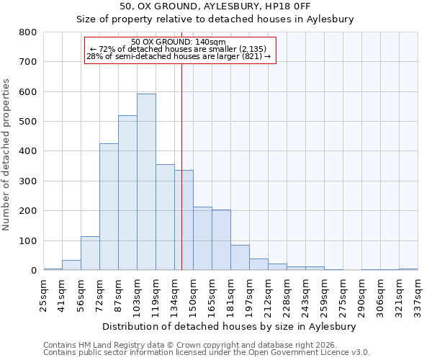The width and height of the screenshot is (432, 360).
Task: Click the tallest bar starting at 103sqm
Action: pos(146,182)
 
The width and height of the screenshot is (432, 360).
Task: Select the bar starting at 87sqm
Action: pos(127,193)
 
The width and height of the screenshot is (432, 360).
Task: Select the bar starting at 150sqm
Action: pos(202,238)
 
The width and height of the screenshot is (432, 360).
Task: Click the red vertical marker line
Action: pos(181,166)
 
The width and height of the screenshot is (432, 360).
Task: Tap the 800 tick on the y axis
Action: pos(28,32)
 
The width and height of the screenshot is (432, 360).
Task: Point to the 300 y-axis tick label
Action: pos(28,181)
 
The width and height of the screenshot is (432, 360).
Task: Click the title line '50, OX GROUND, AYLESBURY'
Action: pos(215,6)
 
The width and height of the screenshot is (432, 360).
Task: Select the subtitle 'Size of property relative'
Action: pos(215,19)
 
